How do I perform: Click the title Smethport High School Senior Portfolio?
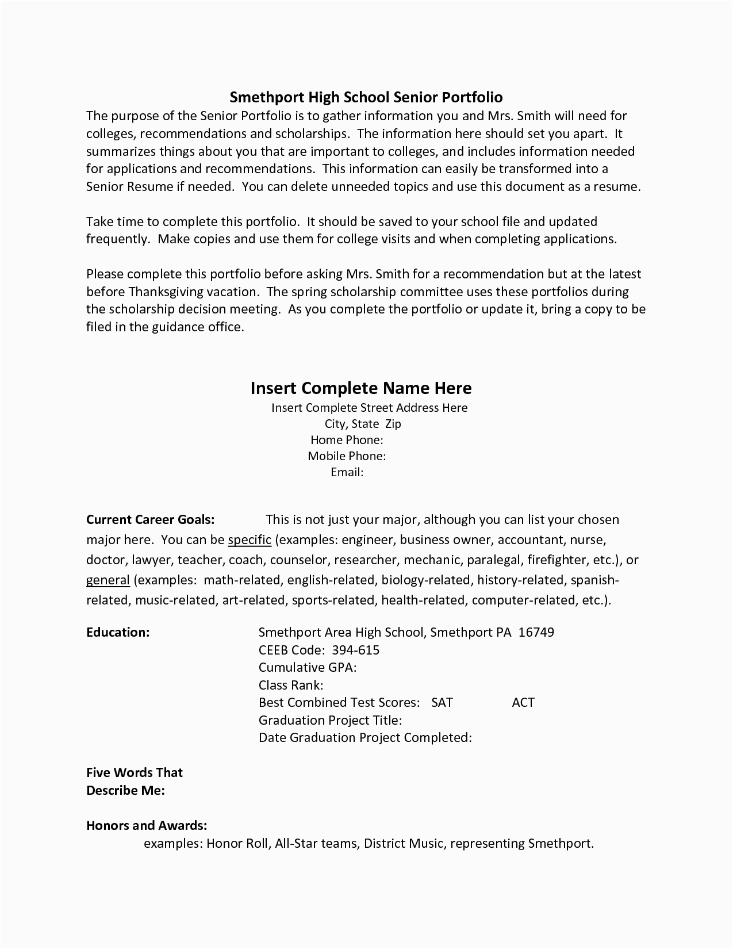[366, 97]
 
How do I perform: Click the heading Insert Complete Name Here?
[361, 388]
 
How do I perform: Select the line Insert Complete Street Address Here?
[369, 408]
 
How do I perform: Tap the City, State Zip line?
[363, 424]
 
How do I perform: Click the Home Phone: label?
[347, 440]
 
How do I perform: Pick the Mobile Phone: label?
[346, 456]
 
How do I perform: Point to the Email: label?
[347, 472]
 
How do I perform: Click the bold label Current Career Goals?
[151, 519]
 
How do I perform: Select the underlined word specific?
[250, 539]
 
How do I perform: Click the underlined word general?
[108, 580]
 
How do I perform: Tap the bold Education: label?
[118, 632]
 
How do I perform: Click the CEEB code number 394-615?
[356, 650]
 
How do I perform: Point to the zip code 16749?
[536, 632]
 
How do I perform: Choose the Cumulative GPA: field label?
[308, 667]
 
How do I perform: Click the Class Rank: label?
[291, 685]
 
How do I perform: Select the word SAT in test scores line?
[442, 702]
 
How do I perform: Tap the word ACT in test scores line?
[523, 702]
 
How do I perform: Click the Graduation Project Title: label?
[330, 720]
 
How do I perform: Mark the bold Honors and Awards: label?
[147, 825]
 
